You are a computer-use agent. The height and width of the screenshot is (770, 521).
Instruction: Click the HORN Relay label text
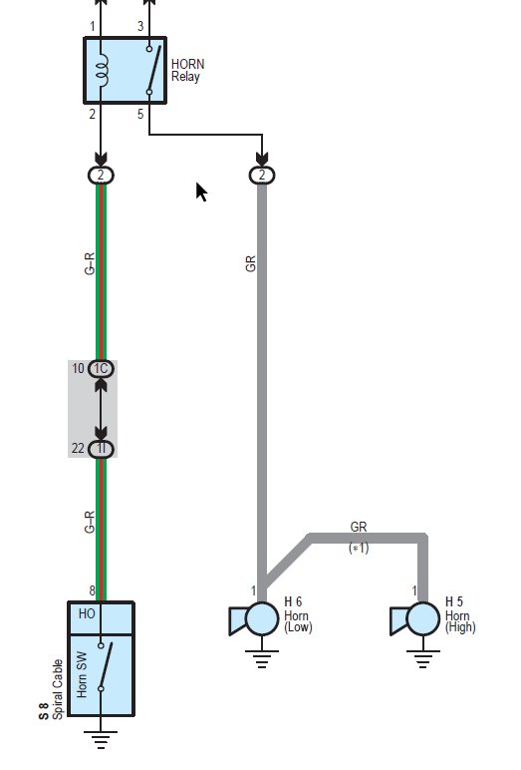(188, 70)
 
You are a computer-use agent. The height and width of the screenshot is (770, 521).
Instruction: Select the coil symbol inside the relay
(102, 69)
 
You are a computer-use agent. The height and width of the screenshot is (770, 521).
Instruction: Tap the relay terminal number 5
(140, 114)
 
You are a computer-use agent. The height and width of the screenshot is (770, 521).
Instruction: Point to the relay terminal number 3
(140, 26)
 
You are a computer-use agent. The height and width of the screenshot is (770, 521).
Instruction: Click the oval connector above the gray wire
(262, 176)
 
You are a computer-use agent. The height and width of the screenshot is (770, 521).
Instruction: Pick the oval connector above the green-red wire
(101, 176)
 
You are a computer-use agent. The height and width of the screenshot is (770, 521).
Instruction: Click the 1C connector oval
(101, 369)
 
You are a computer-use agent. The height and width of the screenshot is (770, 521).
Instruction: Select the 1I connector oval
(101, 449)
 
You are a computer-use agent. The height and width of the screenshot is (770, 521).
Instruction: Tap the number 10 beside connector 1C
(79, 368)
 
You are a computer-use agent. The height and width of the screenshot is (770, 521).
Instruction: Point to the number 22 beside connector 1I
(78, 448)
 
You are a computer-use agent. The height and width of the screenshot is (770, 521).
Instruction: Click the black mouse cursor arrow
(201, 192)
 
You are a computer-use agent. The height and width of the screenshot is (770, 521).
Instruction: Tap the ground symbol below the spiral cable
(101, 739)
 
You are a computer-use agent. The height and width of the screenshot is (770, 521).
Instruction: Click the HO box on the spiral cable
(101, 618)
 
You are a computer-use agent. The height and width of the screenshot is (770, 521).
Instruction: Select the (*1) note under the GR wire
(359, 548)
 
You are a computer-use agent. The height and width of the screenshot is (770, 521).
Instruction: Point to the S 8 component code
(44, 711)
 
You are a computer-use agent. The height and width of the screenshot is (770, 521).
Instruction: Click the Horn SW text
(82, 674)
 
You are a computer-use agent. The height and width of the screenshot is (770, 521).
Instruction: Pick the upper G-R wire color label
(90, 263)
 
